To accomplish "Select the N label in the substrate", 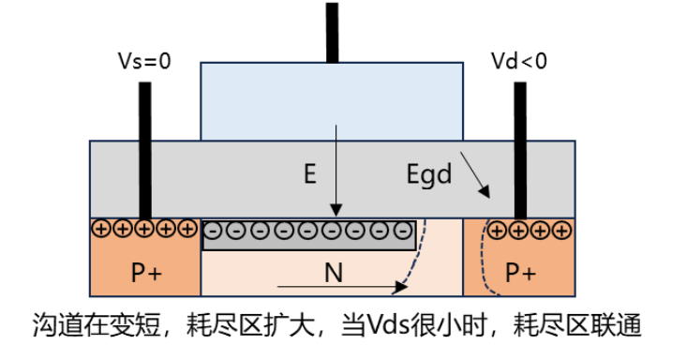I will [333, 272].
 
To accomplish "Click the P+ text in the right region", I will [521, 273].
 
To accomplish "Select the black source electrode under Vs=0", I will [145, 150].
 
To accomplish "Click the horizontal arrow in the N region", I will [346, 284].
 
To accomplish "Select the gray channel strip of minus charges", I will [310, 234].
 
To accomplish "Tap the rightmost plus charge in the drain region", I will [562, 227].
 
